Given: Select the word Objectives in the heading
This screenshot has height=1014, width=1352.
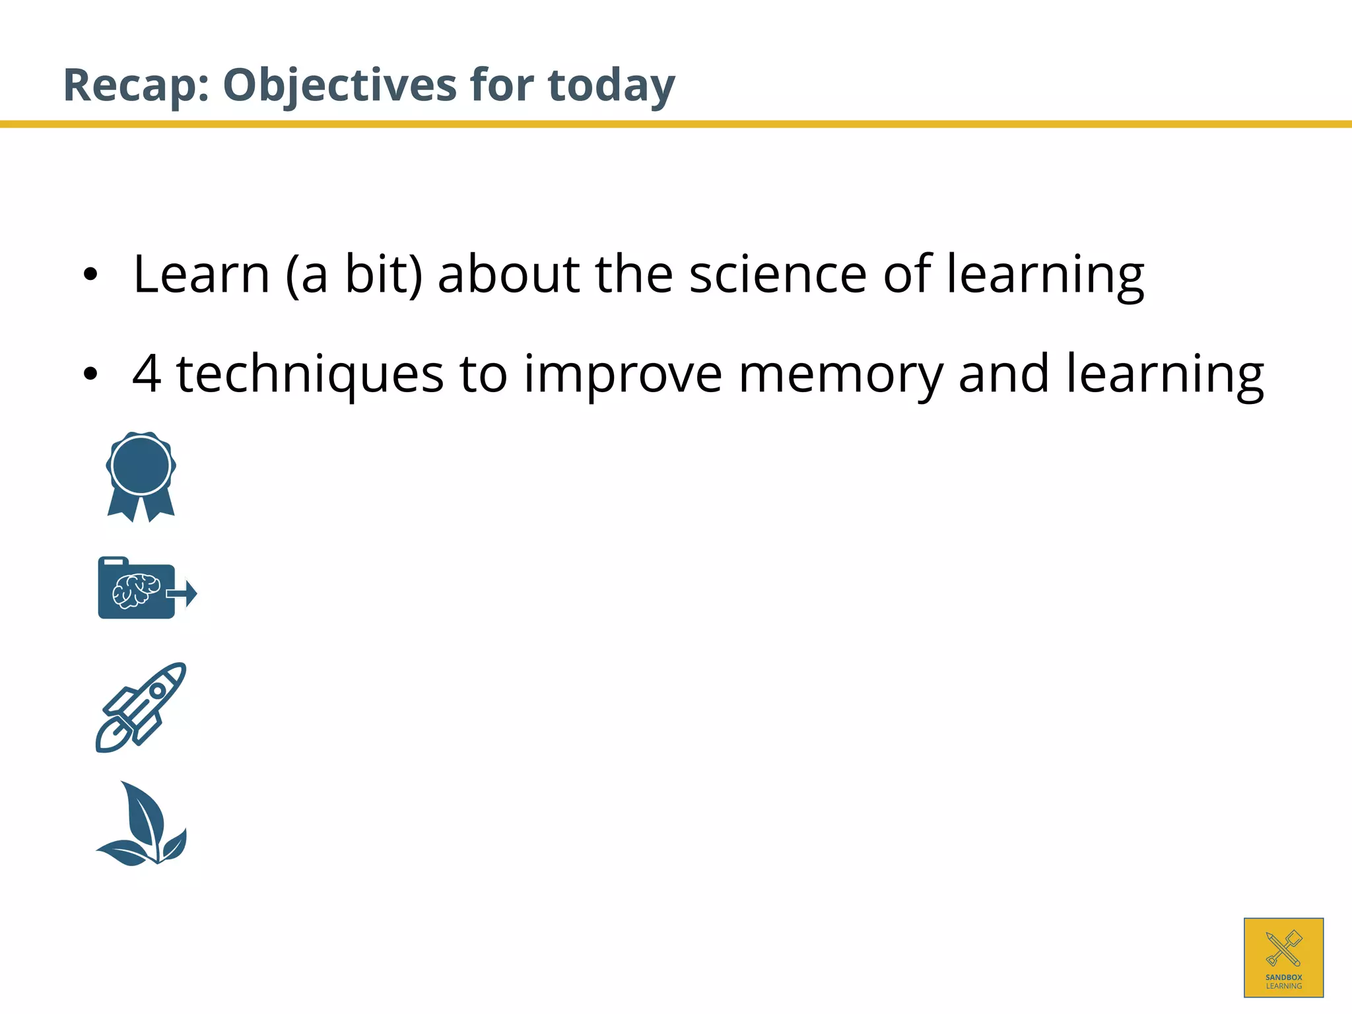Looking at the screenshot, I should [x=339, y=86].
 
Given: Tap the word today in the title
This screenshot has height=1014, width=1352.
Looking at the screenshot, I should [x=611, y=86].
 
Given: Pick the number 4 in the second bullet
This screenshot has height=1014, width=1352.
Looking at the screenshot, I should [x=147, y=374].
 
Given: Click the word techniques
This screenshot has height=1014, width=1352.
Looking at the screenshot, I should [x=310, y=374].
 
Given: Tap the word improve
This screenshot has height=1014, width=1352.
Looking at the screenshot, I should [x=623, y=374].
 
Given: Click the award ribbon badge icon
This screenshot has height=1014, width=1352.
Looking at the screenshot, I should [x=141, y=475].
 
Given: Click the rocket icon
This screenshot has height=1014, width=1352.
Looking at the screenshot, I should [x=141, y=707].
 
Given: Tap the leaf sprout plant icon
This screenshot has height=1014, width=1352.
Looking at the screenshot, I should [x=143, y=825].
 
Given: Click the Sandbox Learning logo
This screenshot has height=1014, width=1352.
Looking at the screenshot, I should [x=1283, y=957].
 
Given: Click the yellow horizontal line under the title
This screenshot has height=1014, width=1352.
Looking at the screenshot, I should [x=676, y=124].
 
